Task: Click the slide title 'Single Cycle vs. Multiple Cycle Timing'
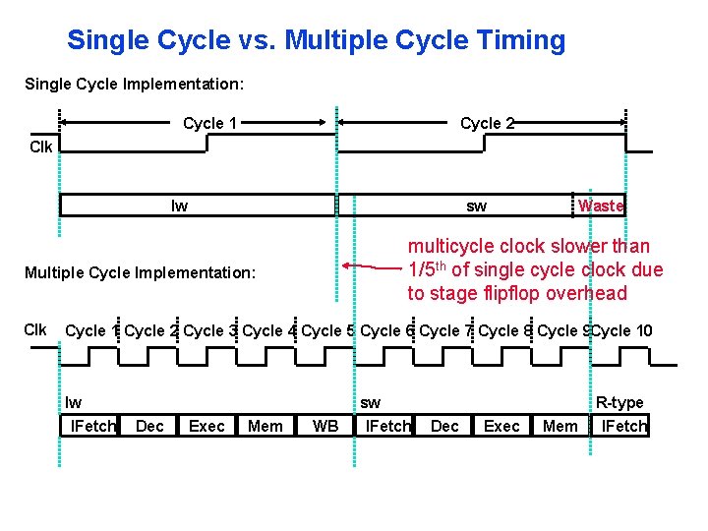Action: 316,40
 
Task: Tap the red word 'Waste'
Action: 601,206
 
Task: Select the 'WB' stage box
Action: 324,426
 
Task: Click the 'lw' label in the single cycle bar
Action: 179,206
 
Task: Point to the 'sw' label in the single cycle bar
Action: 476,206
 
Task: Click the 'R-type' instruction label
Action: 619,402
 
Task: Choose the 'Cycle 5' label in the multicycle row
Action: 328,330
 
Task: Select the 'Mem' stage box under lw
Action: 265,426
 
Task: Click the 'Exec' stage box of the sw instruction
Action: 501,426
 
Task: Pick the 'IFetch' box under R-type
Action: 623,426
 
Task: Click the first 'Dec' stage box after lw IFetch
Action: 149,426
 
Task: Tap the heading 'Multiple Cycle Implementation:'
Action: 140,271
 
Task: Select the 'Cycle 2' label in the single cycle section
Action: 488,123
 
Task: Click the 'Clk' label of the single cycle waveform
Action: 41,147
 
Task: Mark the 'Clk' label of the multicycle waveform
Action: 35,329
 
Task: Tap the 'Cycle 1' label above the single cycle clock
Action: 210,123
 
